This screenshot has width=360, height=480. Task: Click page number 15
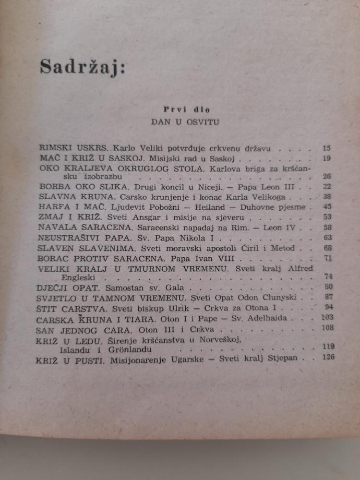326,148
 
